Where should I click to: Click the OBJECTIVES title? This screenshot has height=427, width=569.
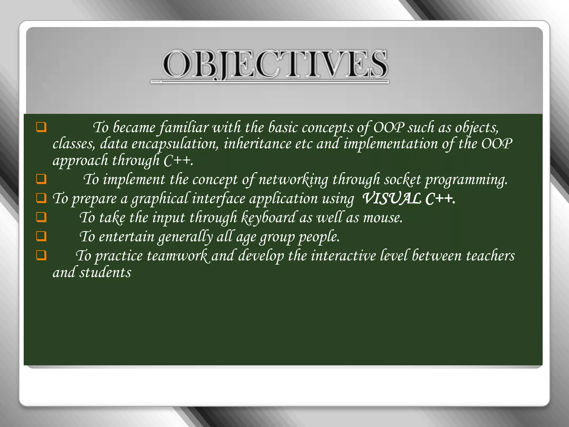click(x=274, y=64)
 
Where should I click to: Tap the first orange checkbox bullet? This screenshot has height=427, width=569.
click(x=41, y=127)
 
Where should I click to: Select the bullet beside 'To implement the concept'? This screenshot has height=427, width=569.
click(x=41, y=179)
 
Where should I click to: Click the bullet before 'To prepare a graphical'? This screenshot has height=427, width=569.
click(x=41, y=198)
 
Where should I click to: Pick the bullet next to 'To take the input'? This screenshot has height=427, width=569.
click(x=41, y=217)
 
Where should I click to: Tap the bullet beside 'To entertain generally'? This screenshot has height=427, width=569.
click(x=41, y=236)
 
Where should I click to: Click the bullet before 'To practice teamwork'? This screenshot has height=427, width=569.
click(x=41, y=255)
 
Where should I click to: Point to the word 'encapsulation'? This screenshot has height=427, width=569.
click(x=175, y=144)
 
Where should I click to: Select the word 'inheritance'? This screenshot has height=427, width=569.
click(x=257, y=144)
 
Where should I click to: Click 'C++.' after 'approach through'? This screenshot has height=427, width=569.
click(x=178, y=161)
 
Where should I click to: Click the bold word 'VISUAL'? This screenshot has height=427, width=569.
click(x=391, y=198)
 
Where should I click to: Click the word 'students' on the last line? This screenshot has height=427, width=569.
click(x=105, y=273)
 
